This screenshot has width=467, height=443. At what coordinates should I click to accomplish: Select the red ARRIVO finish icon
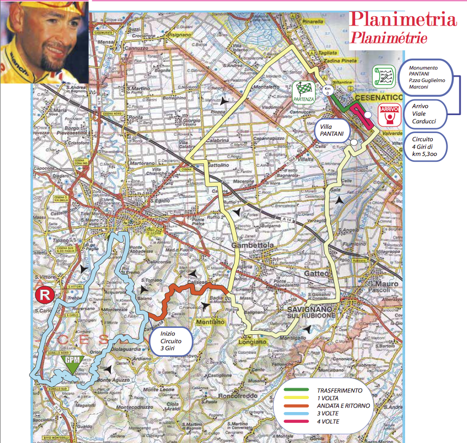[x=390, y=115]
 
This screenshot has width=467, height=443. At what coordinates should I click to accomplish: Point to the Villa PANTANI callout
[x=331, y=131]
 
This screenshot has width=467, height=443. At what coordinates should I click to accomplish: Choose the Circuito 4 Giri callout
[x=426, y=145]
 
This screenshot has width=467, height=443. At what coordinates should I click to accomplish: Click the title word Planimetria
[x=402, y=20]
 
